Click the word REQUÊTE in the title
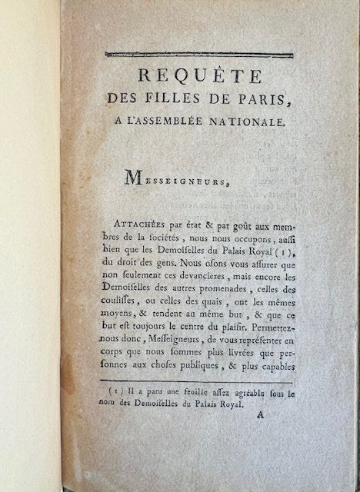tap(197, 77)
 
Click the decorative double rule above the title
tap(198, 54)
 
